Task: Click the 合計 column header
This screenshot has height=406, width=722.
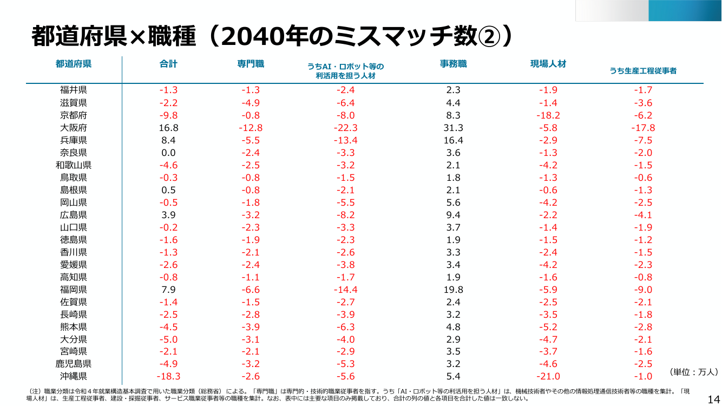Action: [x=168, y=64]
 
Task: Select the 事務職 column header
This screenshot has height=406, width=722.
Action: [x=453, y=64]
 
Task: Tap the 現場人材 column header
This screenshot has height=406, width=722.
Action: [x=548, y=64]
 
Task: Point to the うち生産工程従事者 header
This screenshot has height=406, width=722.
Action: [x=643, y=71]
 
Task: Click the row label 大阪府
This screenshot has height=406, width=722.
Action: [x=74, y=128]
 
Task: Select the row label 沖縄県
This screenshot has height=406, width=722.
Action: [x=74, y=376]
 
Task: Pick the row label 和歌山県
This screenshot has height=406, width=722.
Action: [x=74, y=165]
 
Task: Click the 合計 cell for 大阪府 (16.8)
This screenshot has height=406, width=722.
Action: [x=168, y=128]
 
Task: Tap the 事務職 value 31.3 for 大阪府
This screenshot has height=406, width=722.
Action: [x=453, y=128]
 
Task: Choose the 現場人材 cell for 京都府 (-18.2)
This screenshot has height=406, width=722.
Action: [x=548, y=115]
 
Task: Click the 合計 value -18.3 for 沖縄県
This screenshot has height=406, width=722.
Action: [x=168, y=376]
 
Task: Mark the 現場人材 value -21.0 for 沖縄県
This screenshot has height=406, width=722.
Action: [x=548, y=376]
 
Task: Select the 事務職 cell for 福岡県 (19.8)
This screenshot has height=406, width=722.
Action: [x=453, y=290]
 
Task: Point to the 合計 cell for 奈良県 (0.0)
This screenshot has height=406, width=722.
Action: [x=168, y=153]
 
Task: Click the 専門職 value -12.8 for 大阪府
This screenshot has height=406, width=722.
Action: [x=251, y=128]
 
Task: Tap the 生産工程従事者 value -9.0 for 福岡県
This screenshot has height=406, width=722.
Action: [x=643, y=290]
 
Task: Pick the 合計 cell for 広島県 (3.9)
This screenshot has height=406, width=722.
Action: [x=168, y=215]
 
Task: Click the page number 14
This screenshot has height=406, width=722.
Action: [x=714, y=400]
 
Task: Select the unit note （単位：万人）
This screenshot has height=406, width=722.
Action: [x=693, y=372]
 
